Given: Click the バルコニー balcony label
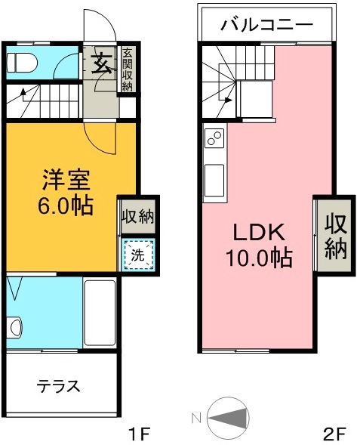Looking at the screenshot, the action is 266,25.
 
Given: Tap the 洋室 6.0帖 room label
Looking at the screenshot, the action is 66,192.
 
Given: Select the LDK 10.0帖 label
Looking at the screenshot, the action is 259,244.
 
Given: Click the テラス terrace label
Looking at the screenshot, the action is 59,386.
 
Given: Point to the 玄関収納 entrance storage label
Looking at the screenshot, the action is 127,70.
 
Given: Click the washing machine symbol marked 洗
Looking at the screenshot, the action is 138,255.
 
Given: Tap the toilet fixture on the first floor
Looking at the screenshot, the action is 22,63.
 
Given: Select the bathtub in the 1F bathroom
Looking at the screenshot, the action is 100,313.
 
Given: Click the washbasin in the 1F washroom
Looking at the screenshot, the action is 15,327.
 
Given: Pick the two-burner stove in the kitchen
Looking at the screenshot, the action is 214,138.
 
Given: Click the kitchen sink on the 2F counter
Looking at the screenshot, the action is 214,181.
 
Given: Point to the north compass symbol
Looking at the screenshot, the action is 228,418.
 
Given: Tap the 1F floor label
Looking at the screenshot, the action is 139,434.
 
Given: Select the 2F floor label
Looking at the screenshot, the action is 334,434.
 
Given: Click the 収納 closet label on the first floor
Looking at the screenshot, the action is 138,218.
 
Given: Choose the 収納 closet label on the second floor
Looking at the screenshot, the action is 336,237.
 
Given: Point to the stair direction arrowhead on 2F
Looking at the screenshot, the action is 229,100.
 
